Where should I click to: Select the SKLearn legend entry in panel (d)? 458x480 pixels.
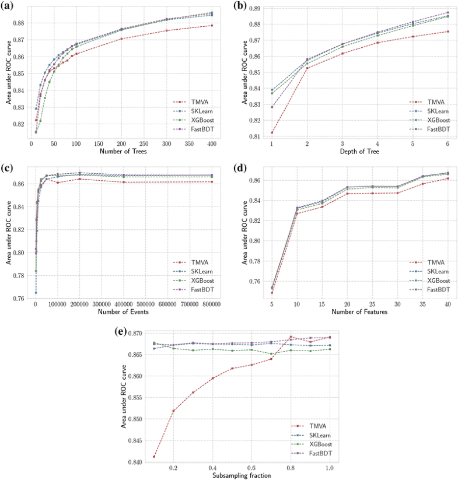(435, 272)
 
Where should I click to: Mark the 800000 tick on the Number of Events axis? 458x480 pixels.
(211, 303)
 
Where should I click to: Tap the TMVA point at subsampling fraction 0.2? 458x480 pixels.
(173, 411)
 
